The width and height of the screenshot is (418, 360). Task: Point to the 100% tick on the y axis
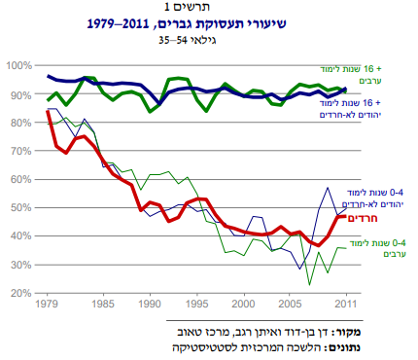point(18,65)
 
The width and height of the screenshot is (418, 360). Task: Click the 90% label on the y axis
point(18,94)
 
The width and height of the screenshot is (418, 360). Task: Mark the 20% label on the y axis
point(18,293)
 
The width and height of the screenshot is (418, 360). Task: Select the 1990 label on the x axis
point(149,304)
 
